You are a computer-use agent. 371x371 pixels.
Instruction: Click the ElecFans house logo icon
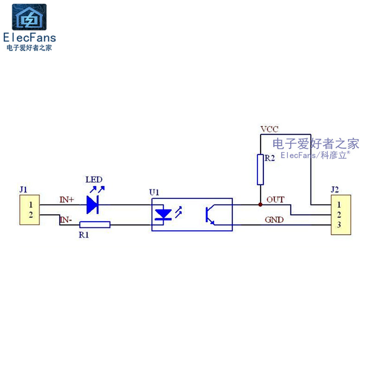click(29, 17)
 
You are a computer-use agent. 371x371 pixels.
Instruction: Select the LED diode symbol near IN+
click(92, 205)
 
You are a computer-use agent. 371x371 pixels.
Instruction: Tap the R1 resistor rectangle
click(95, 225)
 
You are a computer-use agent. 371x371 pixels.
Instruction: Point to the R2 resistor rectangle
click(260, 170)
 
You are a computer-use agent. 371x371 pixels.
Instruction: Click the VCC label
click(269, 129)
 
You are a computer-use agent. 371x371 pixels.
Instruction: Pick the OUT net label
click(275, 200)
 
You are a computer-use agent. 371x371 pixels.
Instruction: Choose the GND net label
click(274, 220)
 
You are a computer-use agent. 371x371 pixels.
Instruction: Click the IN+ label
click(67, 200)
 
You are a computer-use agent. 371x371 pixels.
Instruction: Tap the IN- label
click(65, 220)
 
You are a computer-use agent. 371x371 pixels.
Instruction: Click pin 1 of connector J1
click(31, 205)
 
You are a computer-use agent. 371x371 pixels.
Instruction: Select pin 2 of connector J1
click(31, 215)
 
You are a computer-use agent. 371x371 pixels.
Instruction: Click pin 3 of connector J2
click(339, 225)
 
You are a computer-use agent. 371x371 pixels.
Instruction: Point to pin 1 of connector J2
click(339, 205)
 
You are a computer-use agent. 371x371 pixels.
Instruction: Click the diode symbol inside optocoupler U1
click(163, 214)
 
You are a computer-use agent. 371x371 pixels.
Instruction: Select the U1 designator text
click(154, 192)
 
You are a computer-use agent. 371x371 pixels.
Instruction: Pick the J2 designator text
click(334, 189)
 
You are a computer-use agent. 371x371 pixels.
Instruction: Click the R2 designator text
click(269, 158)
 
